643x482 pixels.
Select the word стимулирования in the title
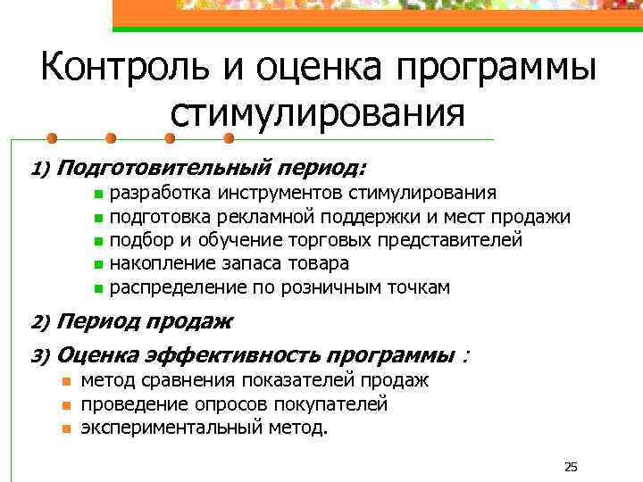317,114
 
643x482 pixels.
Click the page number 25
572,467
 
